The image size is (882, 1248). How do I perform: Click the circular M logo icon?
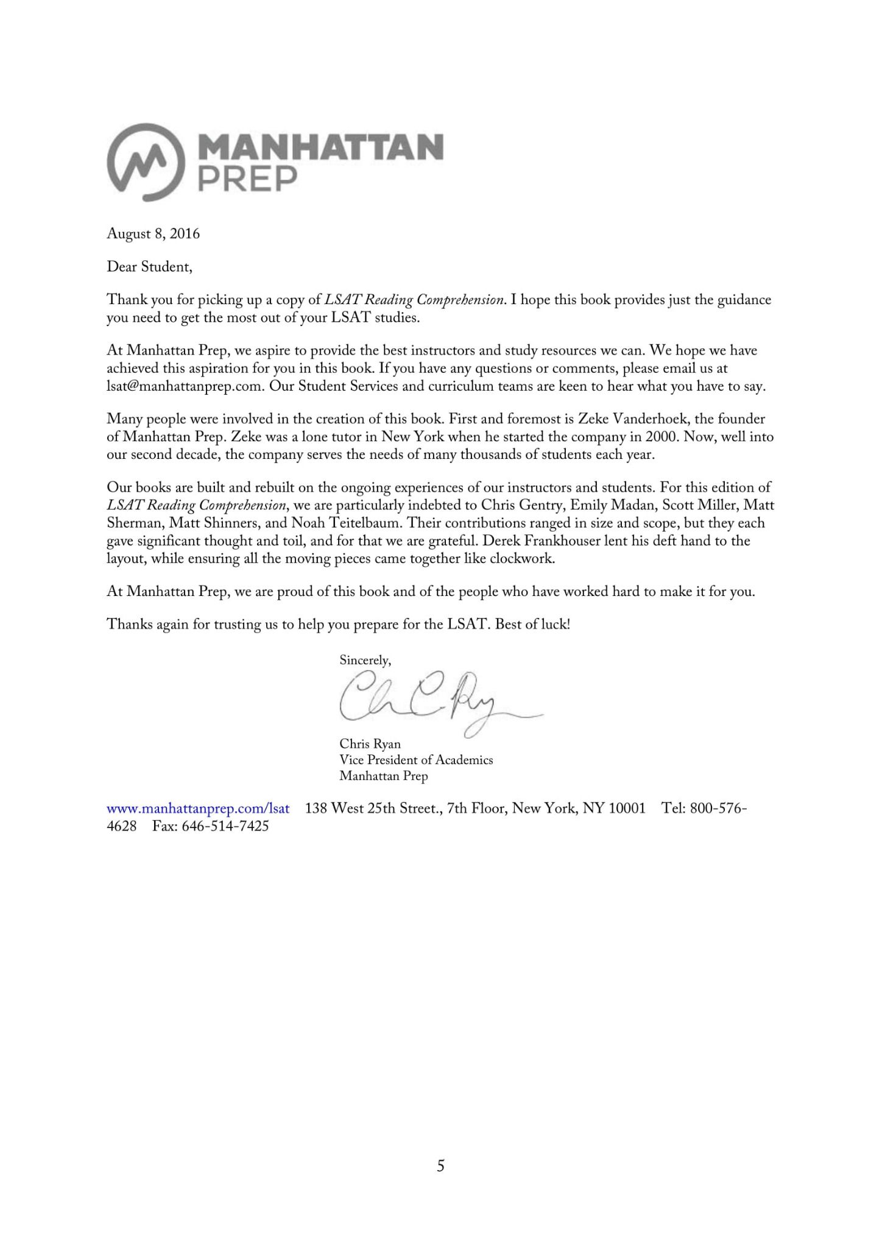146,162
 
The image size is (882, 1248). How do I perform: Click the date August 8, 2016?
153,233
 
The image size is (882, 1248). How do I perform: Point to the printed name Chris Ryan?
370,744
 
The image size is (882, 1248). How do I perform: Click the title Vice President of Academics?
416,760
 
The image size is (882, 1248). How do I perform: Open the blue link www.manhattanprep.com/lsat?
198,809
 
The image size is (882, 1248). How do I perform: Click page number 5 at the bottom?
440,1166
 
